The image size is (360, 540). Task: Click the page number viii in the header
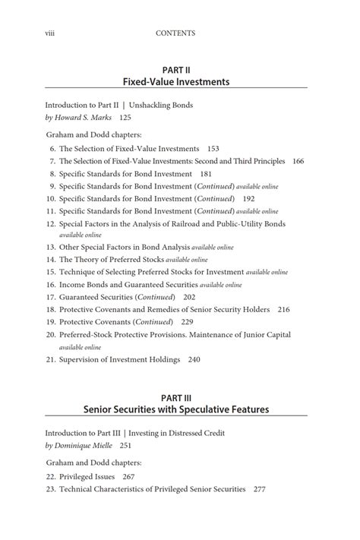(50, 33)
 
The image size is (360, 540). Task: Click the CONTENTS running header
(175, 33)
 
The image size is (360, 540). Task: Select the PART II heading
(175, 69)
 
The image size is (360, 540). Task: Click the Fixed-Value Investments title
(175, 81)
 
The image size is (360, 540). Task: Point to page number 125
(125, 118)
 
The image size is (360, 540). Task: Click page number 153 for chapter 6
(213, 149)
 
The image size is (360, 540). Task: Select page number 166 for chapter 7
(298, 161)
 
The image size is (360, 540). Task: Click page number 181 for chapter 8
(206, 173)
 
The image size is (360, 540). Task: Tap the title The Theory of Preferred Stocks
(110, 259)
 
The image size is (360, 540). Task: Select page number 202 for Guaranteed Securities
(189, 297)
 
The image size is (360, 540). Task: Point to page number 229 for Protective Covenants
(187, 322)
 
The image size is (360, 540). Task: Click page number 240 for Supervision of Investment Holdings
(194, 359)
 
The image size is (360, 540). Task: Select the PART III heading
(175, 397)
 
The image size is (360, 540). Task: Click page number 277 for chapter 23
(259, 489)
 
